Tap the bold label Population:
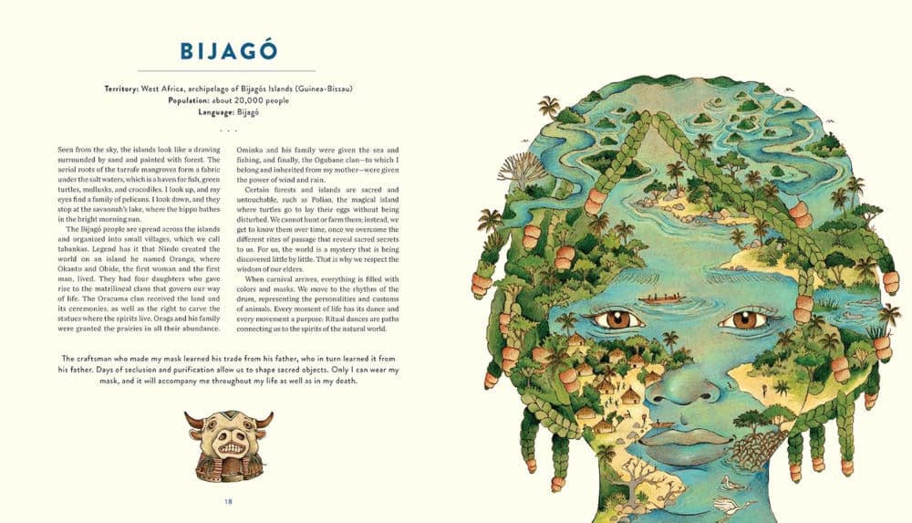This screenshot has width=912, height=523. click(x=195, y=100)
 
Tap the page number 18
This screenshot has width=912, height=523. click(x=228, y=500)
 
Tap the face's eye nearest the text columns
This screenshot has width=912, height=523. click(x=617, y=320)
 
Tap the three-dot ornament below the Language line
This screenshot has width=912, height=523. click(x=228, y=130)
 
